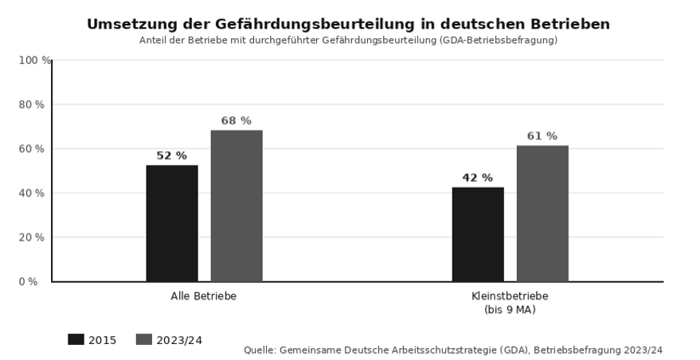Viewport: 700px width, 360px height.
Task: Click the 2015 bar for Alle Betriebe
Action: coord(172,223)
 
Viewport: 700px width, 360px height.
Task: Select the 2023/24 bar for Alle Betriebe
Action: coord(237,205)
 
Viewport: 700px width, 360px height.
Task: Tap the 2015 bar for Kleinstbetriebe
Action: coord(478,234)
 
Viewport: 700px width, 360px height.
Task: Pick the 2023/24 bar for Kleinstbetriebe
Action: coord(542,213)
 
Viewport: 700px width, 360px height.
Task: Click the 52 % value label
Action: coord(171,156)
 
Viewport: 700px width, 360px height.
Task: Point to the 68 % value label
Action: coord(237,121)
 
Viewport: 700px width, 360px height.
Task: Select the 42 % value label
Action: coord(478,178)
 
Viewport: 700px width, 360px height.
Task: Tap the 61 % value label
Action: coord(542,136)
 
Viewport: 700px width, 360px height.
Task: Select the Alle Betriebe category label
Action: coord(204,296)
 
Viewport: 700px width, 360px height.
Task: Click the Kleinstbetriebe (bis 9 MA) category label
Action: coord(510,303)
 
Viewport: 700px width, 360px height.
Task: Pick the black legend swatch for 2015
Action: coord(76,340)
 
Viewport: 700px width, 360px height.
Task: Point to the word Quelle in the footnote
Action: coord(260,350)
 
